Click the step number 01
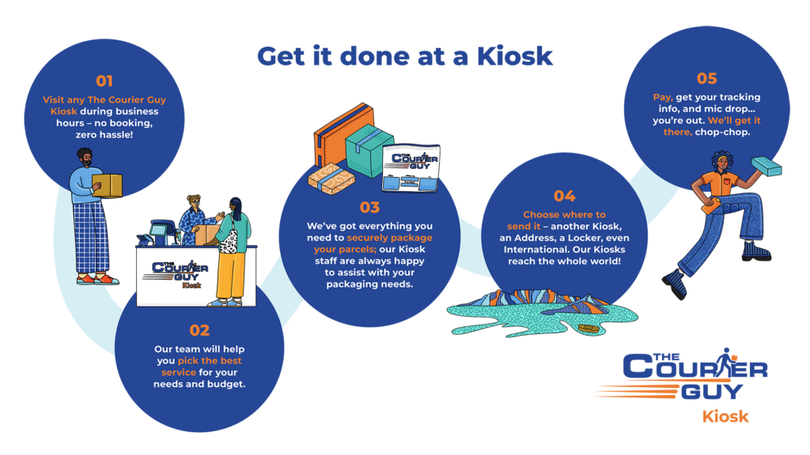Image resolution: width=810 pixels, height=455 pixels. pyautogui.click(x=104, y=81)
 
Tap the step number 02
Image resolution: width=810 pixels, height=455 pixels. pyautogui.click(x=199, y=330)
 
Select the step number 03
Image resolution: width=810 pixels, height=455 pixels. pyautogui.click(x=369, y=208)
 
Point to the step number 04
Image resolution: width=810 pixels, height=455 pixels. pyautogui.click(x=564, y=196)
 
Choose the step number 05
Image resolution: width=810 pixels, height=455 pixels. pyautogui.click(x=706, y=78)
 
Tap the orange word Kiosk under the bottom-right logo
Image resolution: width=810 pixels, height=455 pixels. pyautogui.click(x=725, y=416)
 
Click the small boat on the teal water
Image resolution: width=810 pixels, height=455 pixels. pyautogui.click(x=588, y=328)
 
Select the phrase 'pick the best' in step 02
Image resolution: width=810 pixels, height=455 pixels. pyautogui.click(x=210, y=361)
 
